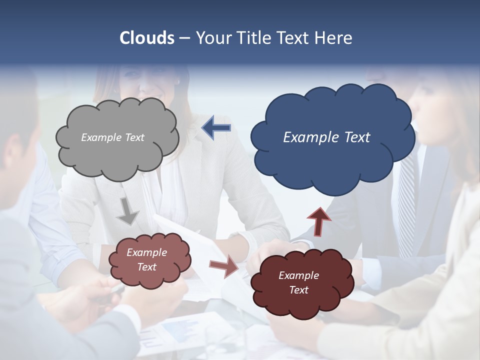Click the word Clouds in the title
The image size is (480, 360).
point(147,38)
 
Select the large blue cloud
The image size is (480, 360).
point(332,160)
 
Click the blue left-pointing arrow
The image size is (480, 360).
point(216,128)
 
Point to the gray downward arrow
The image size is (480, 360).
point(128,211)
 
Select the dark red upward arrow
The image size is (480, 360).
point(319,221)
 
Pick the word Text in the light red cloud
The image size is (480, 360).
point(147,267)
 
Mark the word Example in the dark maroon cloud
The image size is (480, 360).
point(298,275)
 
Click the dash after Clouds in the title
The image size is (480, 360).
point(184,38)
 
